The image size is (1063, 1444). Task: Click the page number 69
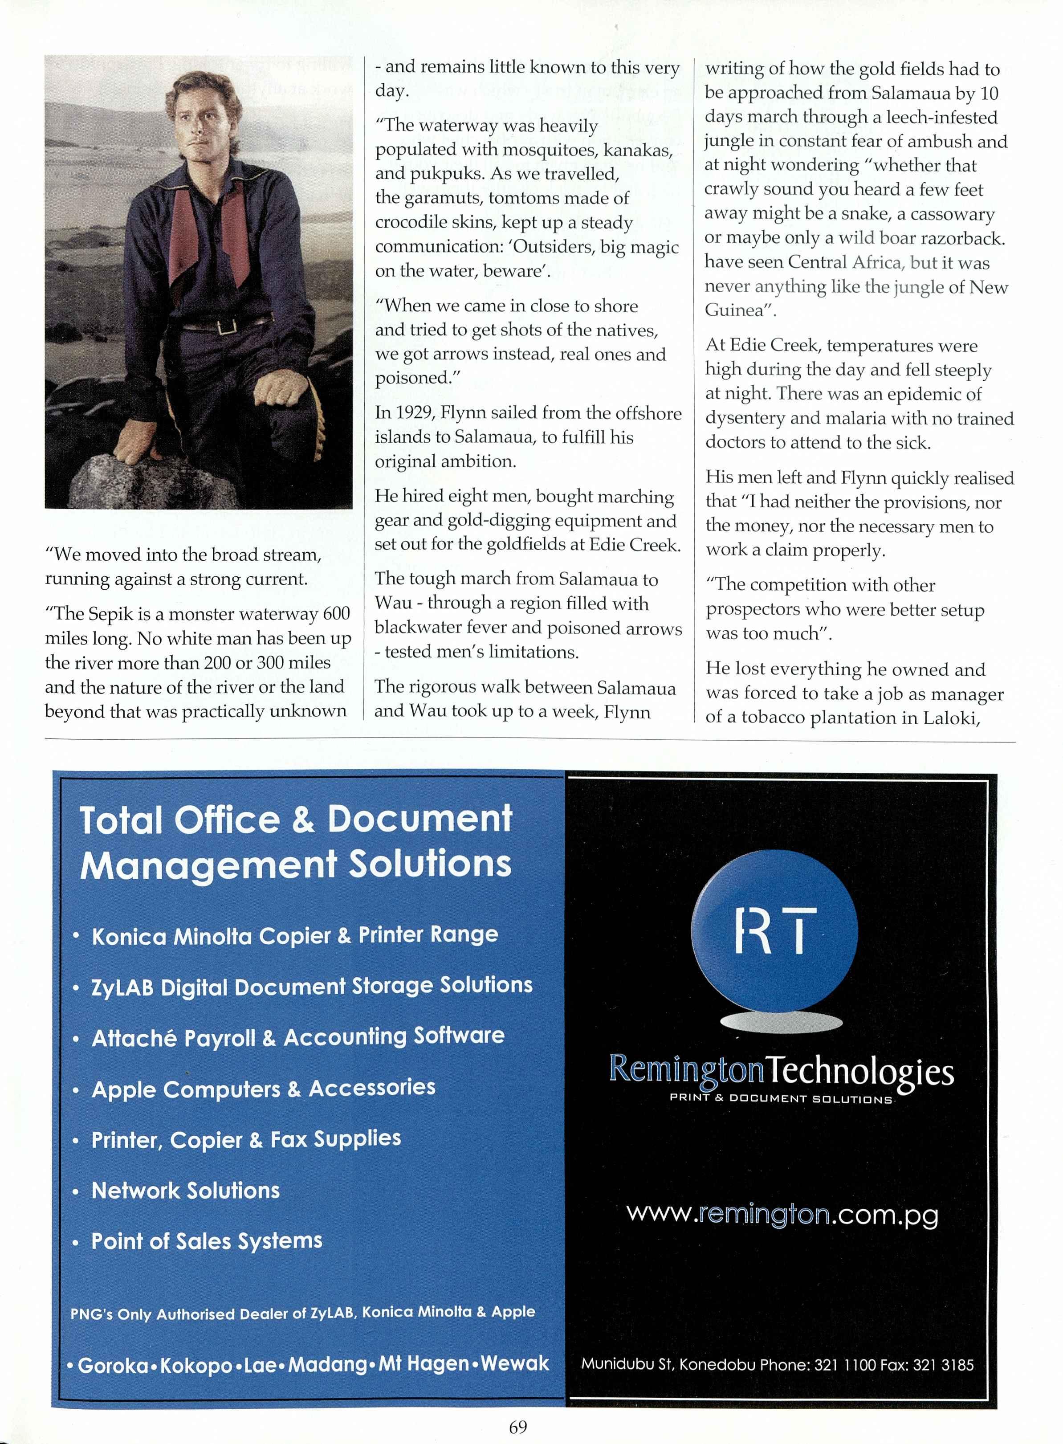(517, 1427)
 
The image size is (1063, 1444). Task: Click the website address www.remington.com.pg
(782, 1214)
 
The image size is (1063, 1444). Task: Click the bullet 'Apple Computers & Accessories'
(263, 1088)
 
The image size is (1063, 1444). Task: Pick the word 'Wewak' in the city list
(515, 1362)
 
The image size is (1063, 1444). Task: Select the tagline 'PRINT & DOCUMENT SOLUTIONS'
(781, 1098)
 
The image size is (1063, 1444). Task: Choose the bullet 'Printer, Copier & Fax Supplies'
(246, 1140)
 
